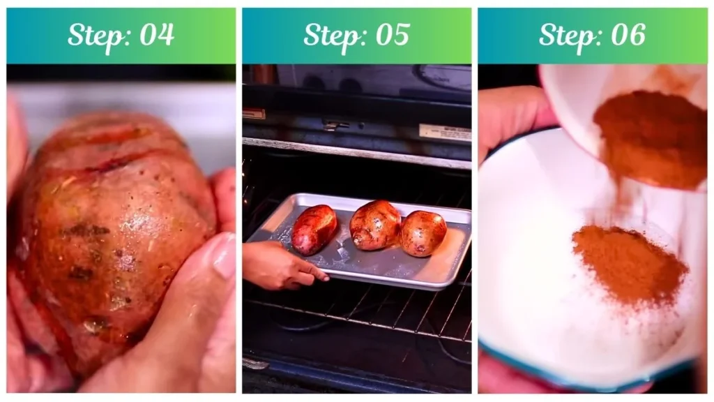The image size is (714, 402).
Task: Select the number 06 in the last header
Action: click(x=627, y=35)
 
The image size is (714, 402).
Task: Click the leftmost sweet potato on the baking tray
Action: click(x=314, y=230)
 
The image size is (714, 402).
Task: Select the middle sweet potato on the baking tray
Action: click(x=374, y=225)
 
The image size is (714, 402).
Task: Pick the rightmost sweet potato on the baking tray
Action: click(x=423, y=233)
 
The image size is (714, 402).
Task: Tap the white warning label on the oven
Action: click(x=445, y=132)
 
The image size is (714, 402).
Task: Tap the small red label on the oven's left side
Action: click(x=254, y=114)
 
